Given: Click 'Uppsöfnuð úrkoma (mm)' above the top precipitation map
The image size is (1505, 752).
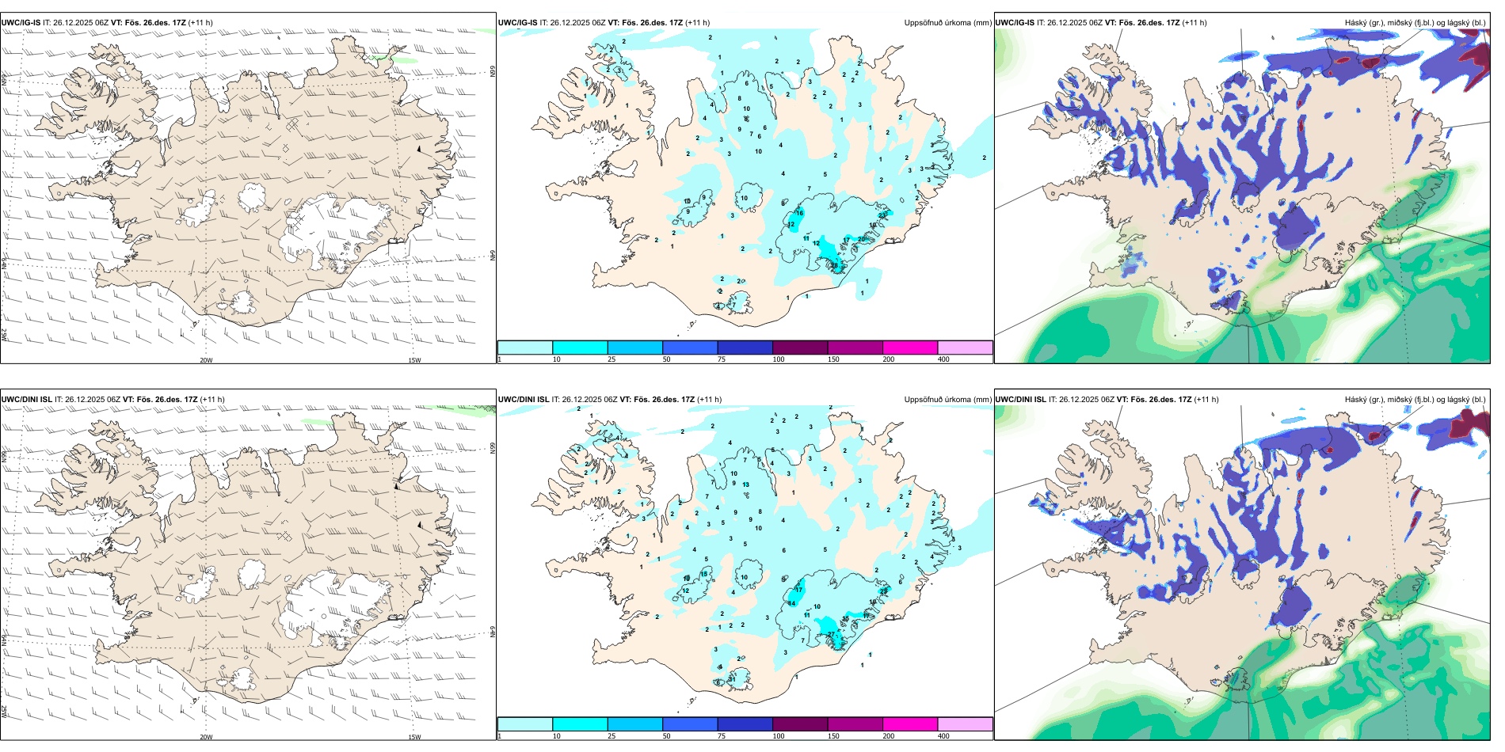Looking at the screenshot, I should click(947, 23).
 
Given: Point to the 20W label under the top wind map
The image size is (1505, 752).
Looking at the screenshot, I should click(206, 360).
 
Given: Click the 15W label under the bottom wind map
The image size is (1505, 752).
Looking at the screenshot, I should click(413, 737).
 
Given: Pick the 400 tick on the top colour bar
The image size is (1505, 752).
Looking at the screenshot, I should click(943, 359).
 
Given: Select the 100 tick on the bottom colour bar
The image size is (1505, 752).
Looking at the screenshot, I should click(779, 736).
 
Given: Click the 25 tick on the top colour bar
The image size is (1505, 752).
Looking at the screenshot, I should click(612, 359).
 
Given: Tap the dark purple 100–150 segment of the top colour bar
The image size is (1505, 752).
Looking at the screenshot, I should click(800, 348).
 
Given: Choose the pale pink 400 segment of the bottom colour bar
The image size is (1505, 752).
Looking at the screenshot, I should click(965, 724).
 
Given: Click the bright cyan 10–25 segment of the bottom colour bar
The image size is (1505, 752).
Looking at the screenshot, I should click(580, 724).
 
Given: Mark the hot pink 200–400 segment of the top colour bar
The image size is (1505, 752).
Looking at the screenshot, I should click(910, 348).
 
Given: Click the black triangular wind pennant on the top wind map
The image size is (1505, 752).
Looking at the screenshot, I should click(420, 148).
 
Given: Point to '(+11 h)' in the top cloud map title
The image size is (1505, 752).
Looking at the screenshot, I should click(1194, 23).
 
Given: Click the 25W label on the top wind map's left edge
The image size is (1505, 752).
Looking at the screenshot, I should click(5, 336).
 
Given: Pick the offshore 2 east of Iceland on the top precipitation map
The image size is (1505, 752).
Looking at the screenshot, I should click(985, 158).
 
